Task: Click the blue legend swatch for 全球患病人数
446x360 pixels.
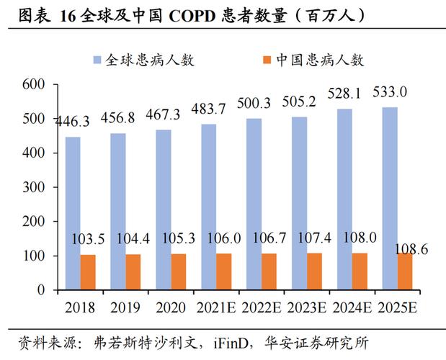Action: [97, 60]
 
